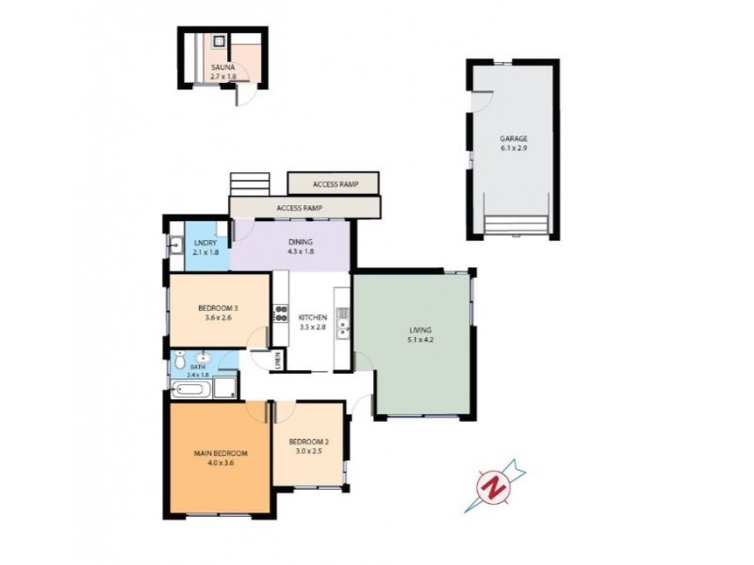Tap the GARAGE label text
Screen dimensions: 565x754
pyautogui.click(x=514, y=139)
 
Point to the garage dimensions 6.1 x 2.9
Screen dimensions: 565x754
pyautogui.click(x=514, y=149)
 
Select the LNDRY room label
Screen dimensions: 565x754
pyautogui.click(x=205, y=243)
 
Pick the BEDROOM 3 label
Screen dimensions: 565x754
pyautogui.click(x=217, y=308)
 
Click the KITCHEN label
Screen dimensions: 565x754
pyautogui.click(x=312, y=317)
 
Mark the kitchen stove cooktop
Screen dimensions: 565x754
pyautogui.click(x=280, y=314)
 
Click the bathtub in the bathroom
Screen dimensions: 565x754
pyautogui.click(x=192, y=387)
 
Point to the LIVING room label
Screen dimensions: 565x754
pyautogui.click(x=419, y=330)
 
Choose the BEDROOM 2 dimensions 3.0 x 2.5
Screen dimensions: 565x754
pyautogui.click(x=307, y=451)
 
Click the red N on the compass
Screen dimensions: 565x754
pyautogui.click(x=492, y=487)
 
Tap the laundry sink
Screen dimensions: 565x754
pyautogui.click(x=176, y=246)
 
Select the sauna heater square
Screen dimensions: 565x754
pyautogui.click(x=218, y=41)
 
